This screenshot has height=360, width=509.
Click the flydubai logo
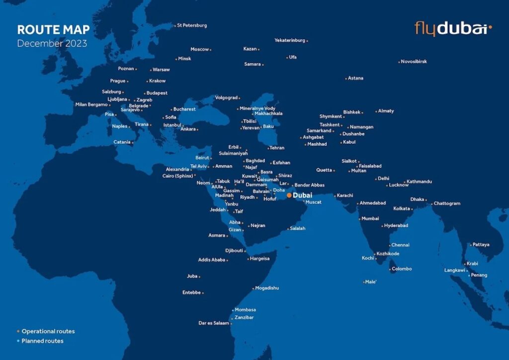click(453, 28)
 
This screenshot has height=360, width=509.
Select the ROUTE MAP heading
click(53, 30)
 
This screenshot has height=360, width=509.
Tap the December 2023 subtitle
click(52, 44)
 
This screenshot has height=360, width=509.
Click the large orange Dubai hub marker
click(289, 195)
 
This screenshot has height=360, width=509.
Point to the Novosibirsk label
click(414, 62)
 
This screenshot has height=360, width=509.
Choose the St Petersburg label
click(191, 25)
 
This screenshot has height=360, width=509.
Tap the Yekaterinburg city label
click(289, 40)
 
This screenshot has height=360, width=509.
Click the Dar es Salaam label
click(214, 323)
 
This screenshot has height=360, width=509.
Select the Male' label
click(371, 282)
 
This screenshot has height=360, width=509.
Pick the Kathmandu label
click(419, 181)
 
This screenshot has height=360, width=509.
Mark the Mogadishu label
click(267, 288)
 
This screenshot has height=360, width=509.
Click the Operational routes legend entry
click(48, 331)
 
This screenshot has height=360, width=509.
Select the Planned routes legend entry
click(42, 341)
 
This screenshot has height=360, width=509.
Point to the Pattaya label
click(481, 245)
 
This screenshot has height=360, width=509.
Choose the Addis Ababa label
click(211, 260)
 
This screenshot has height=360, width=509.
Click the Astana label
click(355, 78)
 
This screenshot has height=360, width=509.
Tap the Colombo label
click(402, 269)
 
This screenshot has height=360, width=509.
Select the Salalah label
click(297, 228)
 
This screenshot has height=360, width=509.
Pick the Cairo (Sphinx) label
click(177, 176)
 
